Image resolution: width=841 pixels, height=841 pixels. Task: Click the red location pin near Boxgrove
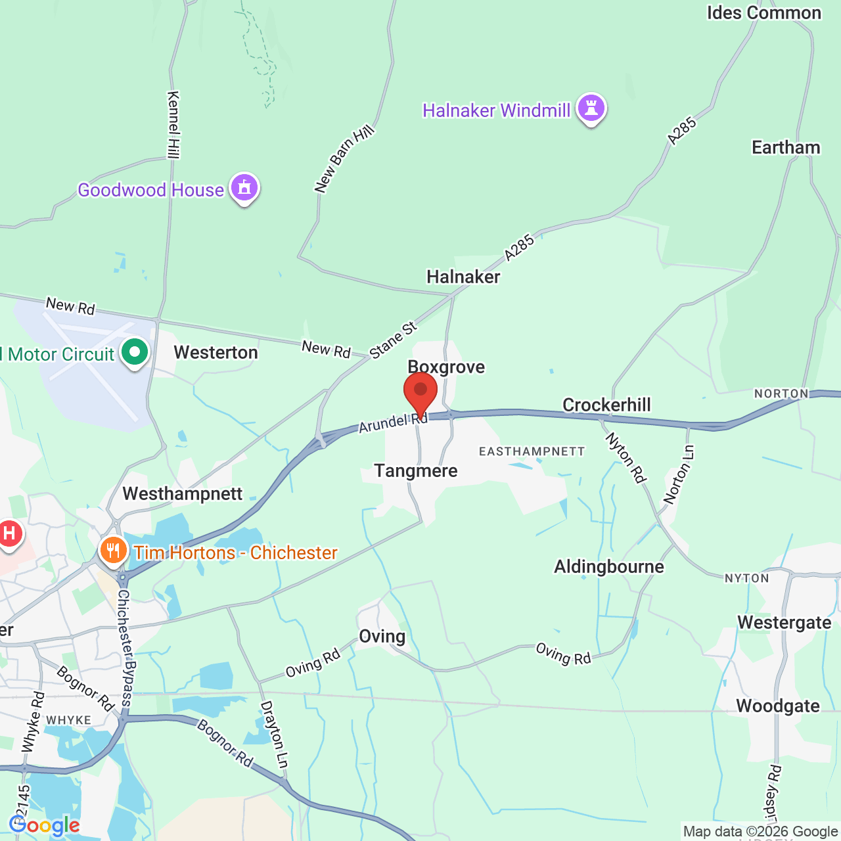(420, 392)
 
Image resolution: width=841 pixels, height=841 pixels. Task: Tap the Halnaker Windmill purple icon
(591, 108)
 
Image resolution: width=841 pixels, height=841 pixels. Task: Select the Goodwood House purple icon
(244, 188)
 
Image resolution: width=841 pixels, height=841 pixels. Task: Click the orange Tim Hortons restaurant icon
(114, 551)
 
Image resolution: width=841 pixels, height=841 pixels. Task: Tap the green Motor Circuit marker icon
(135, 352)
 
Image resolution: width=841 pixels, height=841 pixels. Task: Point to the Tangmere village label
(416, 470)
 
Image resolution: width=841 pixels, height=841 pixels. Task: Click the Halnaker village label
(463, 277)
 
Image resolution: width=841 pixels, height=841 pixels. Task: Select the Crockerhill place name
(606, 405)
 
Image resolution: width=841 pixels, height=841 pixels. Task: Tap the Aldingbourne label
(609, 566)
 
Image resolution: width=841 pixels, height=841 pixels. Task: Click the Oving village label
(382, 636)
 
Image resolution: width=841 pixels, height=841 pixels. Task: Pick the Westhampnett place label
(183, 493)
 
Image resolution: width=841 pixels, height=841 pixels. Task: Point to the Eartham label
(786, 147)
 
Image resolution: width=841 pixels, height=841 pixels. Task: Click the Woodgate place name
(778, 706)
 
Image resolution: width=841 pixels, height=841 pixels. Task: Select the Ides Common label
(764, 13)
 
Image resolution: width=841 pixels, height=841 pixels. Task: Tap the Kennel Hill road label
(173, 125)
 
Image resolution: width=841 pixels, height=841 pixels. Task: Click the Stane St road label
(393, 340)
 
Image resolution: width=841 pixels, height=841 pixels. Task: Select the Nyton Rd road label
(625, 457)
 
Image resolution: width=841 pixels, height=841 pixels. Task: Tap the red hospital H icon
(9, 533)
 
